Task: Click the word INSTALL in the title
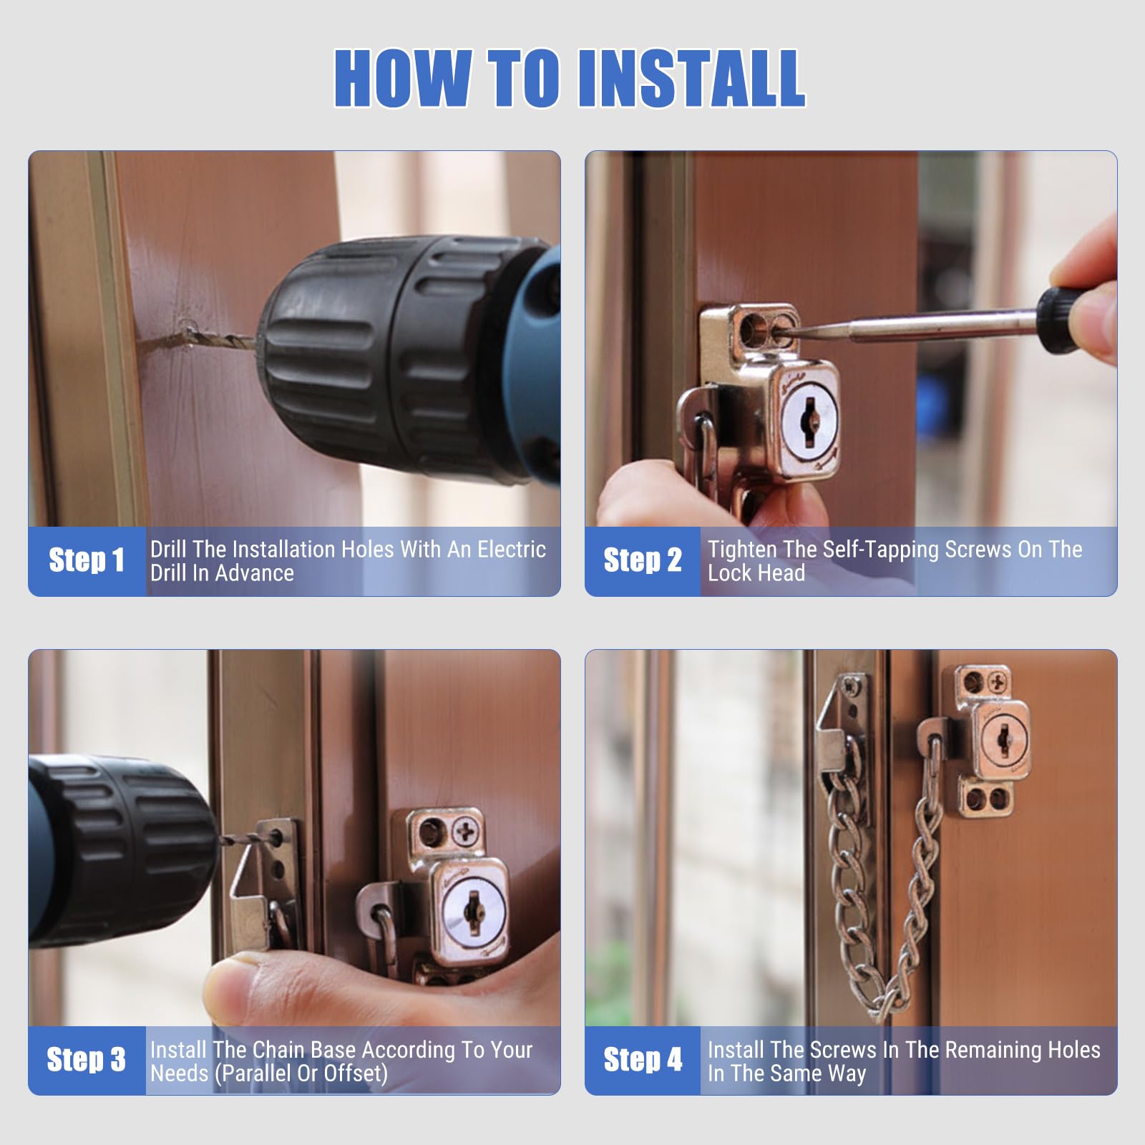[x=692, y=78]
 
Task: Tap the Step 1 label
[x=87, y=560]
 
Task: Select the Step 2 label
[x=643, y=560]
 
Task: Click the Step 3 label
[x=87, y=1059]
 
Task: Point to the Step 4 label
[x=643, y=1059]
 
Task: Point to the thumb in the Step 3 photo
[x=243, y=992]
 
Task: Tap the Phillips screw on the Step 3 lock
[x=467, y=832]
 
